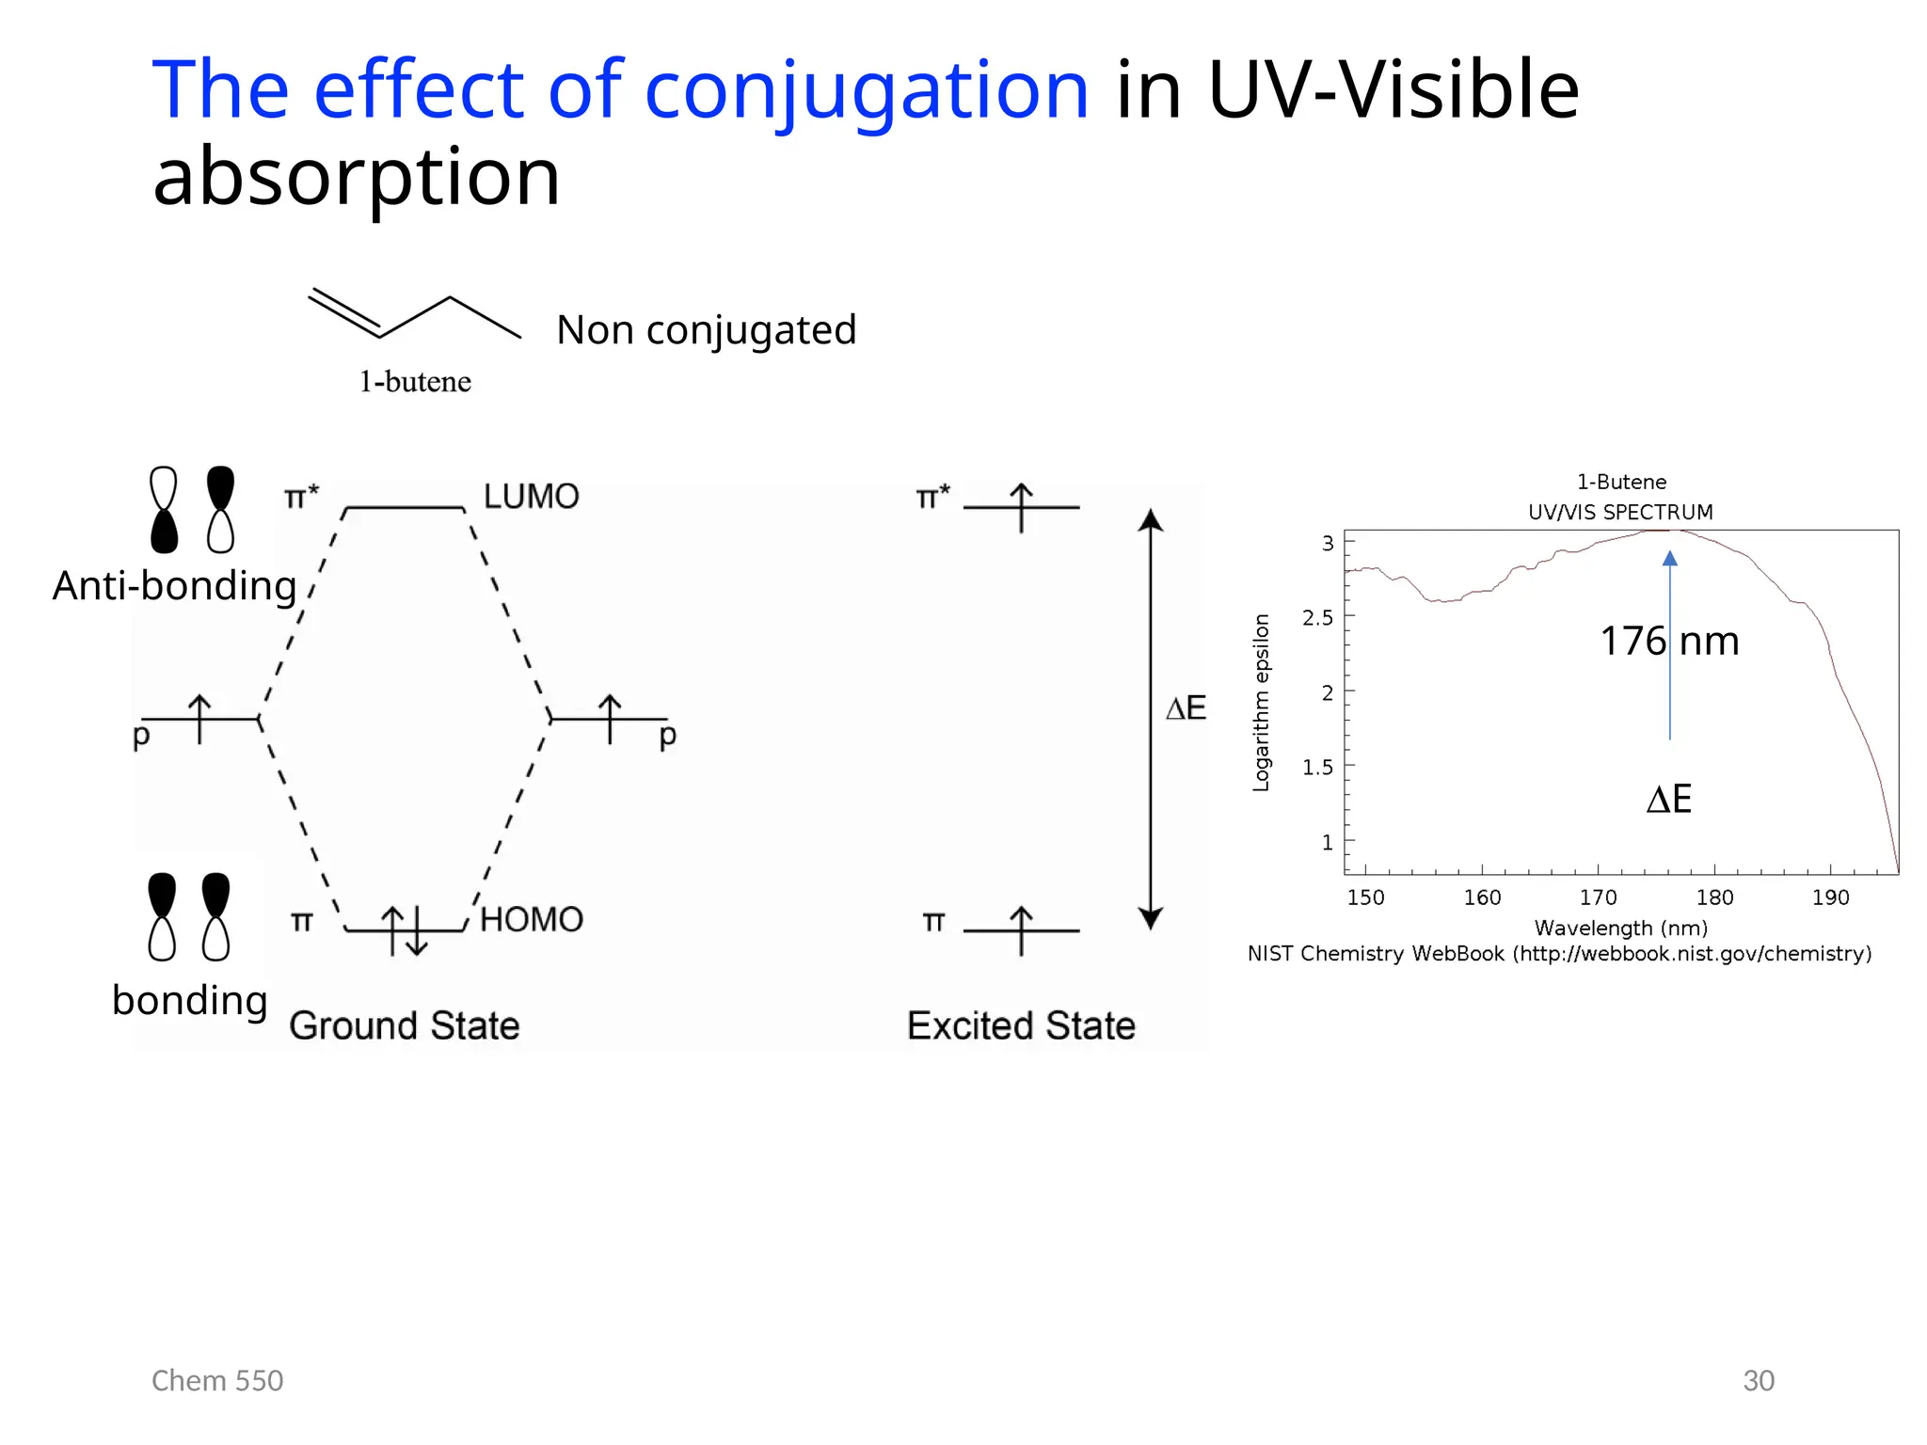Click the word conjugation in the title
[866, 91]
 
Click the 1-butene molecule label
[415, 382]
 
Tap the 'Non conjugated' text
[706, 330]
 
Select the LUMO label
[531, 497]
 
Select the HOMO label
[532, 920]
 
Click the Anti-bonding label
[174, 586]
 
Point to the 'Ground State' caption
[404, 1025]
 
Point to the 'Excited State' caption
[1021, 1025]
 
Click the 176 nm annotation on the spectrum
[1669, 642]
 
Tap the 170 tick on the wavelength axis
[1598, 897]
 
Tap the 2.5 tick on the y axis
[1317, 618]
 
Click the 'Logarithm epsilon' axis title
[1261, 703]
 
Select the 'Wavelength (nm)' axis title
[1620, 929]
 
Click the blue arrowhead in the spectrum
[1670, 558]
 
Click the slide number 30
[1758, 1381]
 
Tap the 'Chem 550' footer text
[217, 1381]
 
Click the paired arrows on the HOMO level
[405, 930]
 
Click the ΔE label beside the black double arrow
[1186, 708]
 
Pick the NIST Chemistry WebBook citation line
[1559, 954]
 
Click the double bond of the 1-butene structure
[344, 312]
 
